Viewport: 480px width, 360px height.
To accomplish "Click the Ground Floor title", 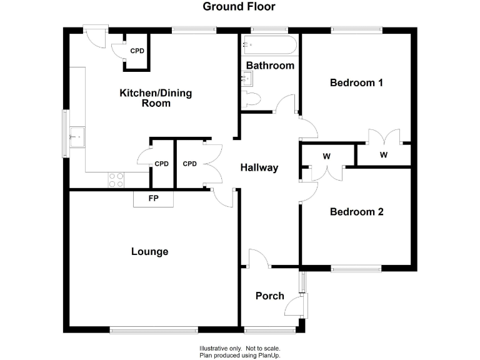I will [239, 7].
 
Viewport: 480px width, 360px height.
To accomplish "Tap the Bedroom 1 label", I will [356, 82].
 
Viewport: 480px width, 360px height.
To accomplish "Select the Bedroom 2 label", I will [356, 212].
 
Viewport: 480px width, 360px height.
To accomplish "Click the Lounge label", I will [149, 252].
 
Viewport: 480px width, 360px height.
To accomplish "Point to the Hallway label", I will [259, 167].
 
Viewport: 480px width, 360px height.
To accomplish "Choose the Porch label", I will [270, 296].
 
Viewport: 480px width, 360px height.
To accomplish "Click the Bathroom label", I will [270, 65].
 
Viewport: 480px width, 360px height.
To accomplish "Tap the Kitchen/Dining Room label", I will [156, 98].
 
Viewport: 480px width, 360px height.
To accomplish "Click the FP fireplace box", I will [152, 199].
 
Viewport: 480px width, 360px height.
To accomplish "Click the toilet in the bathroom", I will [252, 99].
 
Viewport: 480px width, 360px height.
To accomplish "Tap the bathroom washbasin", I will [247, 78].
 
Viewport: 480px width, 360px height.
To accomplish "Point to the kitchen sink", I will [77, 135].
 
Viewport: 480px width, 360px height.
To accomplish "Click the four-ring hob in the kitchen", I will [116, 180].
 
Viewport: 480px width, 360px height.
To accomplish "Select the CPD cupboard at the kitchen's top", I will [136, 51].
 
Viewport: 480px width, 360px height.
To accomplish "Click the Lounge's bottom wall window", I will [154, 329].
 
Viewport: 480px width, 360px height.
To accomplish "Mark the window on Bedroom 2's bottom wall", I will [356, 269].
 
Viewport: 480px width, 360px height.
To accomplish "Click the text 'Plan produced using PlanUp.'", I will [239, 355].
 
